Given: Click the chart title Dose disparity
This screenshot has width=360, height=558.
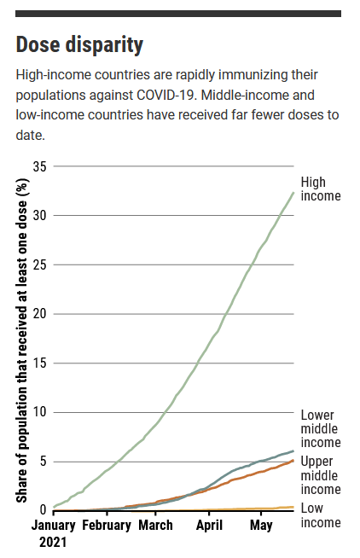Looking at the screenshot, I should (x=79, y=44).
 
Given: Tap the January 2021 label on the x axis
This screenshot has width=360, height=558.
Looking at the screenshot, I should (x=53, y=532).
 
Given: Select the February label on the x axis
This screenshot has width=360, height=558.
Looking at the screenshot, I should (x=106, y=525).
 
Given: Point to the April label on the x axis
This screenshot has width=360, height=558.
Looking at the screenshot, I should (x=208, y=525).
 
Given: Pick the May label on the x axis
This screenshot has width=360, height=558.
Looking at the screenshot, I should (x=260, y=525).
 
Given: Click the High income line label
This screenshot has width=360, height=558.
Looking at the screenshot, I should (x=320, y=189).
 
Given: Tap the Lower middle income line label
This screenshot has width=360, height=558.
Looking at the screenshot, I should (x=320, y=428).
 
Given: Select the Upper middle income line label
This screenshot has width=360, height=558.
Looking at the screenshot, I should (x=320, y=475).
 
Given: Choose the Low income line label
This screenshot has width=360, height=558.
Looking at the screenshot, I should (x=320, y=515).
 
